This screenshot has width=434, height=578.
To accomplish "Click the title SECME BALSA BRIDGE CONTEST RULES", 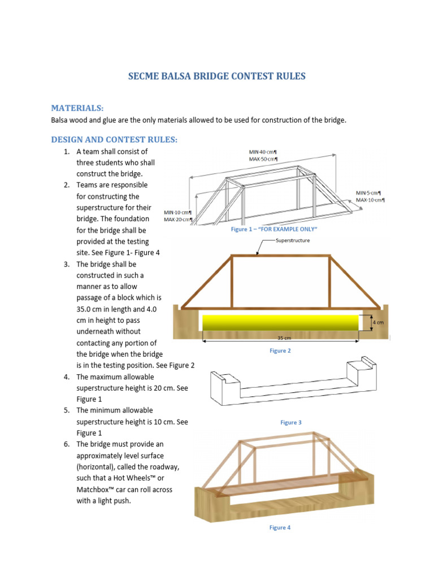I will tap(217, 76).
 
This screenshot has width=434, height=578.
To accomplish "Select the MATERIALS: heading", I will tap(78, 107).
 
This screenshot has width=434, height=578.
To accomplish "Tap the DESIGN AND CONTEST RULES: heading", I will tap(114, 139).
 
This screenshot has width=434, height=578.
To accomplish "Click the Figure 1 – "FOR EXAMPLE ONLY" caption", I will tap(275, 230).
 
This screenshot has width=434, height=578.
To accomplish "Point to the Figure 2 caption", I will tap(280, 351).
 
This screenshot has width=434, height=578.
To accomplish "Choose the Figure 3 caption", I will tap(291, 422).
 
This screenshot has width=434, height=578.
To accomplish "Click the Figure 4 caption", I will tap(280, 527).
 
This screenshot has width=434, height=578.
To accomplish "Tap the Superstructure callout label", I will tap(293, 240).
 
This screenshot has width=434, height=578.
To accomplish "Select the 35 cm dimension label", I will tap(283, 338).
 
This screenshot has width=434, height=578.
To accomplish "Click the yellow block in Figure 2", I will tap(280, 322).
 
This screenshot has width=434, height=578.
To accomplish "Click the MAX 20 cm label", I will tap(178, 220).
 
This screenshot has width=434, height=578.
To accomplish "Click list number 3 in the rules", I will tap(66, 264).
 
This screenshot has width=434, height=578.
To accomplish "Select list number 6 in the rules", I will tap(66, 444).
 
